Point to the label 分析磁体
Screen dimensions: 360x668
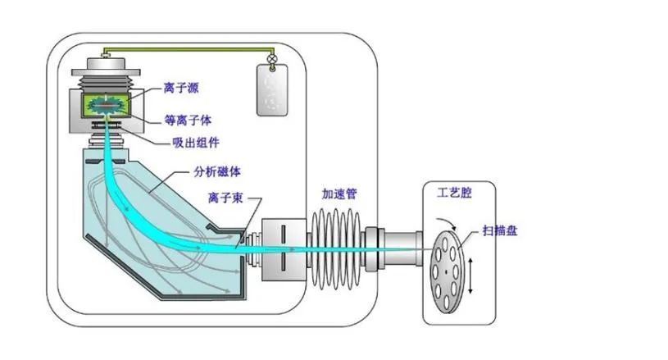point(217,172)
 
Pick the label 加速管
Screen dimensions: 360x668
point(339,194)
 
